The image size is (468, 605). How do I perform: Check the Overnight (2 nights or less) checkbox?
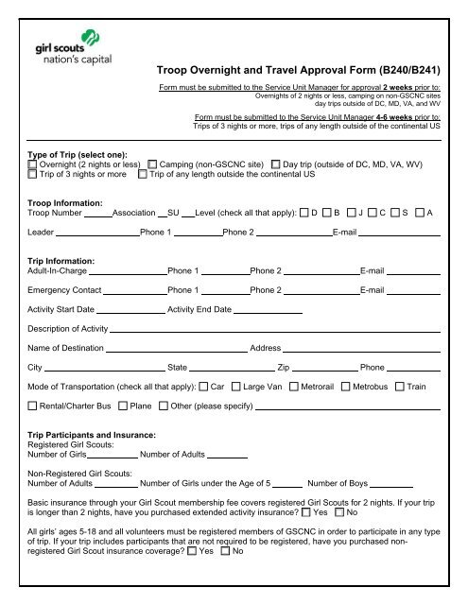click(x=33, y=164)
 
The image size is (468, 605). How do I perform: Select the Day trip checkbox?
click(x=276, y=164)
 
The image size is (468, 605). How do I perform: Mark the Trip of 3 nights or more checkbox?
click(x=33, y=174)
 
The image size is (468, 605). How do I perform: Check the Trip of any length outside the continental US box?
click(x=143, y=174)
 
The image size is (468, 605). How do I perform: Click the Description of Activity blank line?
click(x=275, y=333)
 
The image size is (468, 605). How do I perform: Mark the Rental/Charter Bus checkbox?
click(x=33, y=406)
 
